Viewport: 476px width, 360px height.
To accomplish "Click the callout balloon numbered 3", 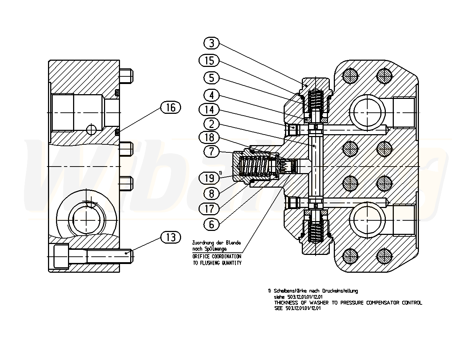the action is (211, 43).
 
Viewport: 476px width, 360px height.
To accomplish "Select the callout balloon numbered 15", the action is (209, 60).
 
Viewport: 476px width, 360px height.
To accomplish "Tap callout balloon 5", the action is (211, 78).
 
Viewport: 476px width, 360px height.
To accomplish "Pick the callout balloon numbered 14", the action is (209, 110).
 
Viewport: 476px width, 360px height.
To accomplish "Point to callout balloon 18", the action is (209, 137).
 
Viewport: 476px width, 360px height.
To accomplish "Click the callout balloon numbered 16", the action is (171, 108).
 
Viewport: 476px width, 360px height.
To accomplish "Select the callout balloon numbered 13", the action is (171, 237).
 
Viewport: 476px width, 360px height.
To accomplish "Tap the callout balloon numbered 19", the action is (209, 178).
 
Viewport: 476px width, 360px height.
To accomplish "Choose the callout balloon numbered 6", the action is (211, 224).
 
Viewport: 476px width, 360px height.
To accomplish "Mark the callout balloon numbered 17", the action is (209, 209).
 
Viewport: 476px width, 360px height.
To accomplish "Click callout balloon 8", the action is (211, 193).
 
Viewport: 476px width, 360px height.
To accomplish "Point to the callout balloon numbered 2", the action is (211, 124).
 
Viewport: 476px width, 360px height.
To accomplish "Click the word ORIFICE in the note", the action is (201, 257).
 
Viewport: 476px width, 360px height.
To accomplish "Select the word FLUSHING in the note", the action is (209, 263).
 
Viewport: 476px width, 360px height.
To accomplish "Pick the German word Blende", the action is (233, 243).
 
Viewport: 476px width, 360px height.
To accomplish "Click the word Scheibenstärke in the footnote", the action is (290, 291).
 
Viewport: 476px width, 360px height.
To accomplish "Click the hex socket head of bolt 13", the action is (62, 256).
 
